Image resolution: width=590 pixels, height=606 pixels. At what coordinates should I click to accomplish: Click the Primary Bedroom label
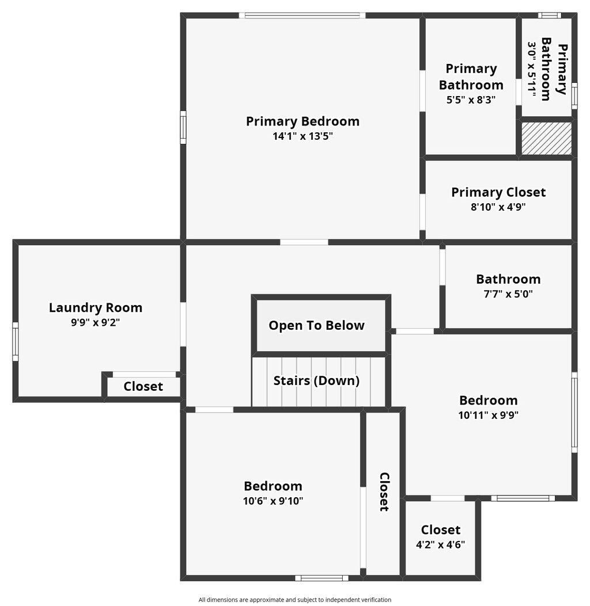[302, 121]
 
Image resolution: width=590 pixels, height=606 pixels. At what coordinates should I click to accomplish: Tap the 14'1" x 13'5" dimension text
[302, 136]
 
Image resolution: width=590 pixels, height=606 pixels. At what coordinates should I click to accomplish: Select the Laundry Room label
[96, 308]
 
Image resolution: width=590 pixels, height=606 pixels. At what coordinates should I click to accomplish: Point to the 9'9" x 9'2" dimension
[96, 322]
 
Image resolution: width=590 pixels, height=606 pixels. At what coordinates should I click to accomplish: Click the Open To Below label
[316, 325]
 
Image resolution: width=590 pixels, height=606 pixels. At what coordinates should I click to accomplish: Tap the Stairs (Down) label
[316, 380]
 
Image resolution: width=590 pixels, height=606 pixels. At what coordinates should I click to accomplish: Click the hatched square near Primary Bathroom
[547, 138]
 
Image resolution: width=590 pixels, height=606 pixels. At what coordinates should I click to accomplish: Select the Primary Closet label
[498, 192]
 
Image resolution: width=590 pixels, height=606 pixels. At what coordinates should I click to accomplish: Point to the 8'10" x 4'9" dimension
[498, 207]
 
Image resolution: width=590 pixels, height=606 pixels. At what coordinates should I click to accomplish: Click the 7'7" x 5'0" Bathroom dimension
[508, 294]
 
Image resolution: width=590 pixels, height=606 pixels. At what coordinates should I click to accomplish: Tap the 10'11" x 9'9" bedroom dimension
[489, 415]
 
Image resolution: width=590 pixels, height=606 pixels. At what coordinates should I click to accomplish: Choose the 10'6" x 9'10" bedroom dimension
[273, 501]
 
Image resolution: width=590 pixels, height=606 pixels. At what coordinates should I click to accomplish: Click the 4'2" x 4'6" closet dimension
[441, 544]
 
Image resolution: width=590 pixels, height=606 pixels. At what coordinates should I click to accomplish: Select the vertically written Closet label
[384, 492]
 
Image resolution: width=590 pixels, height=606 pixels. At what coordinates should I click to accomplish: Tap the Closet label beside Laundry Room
[143, 387]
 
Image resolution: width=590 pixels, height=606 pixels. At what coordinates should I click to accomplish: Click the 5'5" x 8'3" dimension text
[471, 99]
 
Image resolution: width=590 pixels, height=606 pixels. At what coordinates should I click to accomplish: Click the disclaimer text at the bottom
[295, 600]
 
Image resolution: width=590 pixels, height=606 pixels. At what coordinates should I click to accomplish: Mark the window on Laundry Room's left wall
[16, 341]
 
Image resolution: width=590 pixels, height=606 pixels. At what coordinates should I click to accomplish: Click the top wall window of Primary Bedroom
[305, 16]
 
